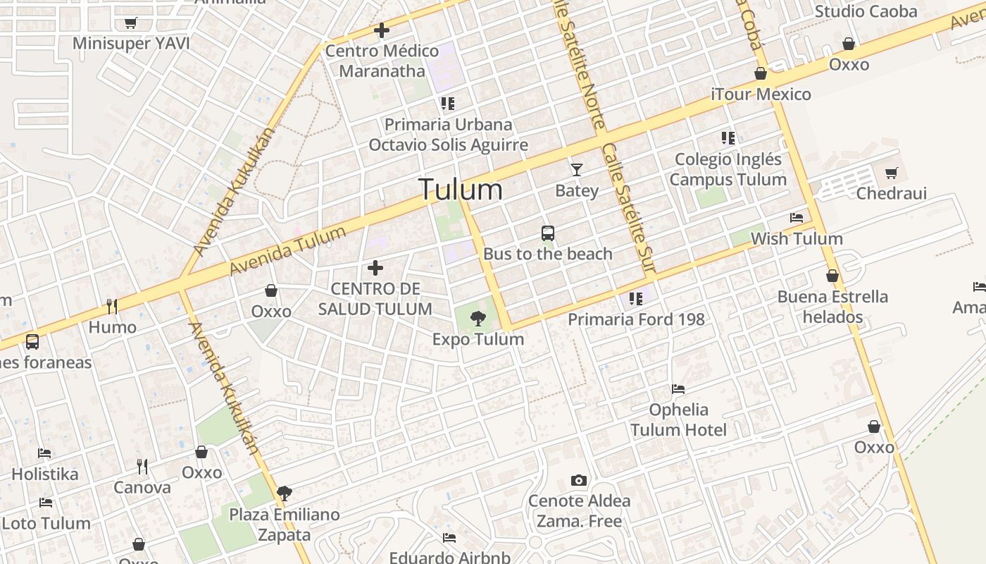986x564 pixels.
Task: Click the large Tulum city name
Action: point(461,190)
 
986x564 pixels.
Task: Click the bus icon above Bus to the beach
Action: point(548,233)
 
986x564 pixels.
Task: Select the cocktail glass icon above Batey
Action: point(577,170)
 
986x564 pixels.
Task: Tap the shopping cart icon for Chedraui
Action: point(892,173)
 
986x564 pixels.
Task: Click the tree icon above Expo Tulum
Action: point(478,319)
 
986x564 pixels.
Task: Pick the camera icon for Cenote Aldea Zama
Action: point(579,481)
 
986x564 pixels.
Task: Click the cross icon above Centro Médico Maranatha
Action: point(382,31)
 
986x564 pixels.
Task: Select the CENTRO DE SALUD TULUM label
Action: point(375,299)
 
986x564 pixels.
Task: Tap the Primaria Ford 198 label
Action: point(636,319)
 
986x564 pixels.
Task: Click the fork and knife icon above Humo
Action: point(112,306)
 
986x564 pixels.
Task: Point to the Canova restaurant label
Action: point(142,487)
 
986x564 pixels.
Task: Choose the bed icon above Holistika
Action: point(45,453)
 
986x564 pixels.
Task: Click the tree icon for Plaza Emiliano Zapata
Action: point(285,493)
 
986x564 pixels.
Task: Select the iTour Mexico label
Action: point(761,94)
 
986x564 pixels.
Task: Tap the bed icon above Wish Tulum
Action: point(797,218)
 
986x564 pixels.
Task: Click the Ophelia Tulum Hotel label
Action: point(678,419)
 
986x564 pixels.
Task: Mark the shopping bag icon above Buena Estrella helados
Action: point(832,276)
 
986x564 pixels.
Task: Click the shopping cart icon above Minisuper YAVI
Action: point(130,23)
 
